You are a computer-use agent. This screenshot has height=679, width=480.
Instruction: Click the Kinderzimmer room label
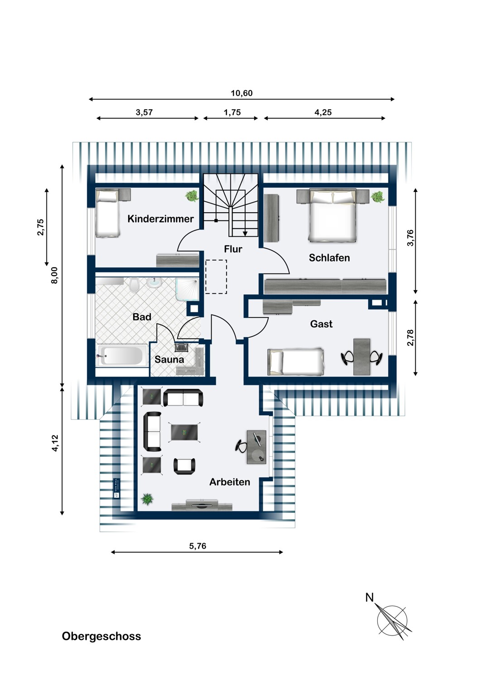pyautogui.click(x=160, y=219)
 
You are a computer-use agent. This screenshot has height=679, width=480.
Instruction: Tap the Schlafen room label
pyautogui.click(x=329, y=258)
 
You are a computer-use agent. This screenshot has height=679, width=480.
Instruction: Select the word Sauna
pyautogui.click(x=169, y=359)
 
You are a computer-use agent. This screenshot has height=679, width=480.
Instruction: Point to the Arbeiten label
pyautogui.click(x=230, y=482)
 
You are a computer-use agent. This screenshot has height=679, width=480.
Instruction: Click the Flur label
pyautogui.click(x=233, y=249)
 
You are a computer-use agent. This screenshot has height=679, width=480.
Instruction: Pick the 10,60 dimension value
pyautogui.click(x=242, y=93)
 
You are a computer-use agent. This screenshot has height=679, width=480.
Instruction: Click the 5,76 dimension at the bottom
pyautogui.click(x=198, y=546)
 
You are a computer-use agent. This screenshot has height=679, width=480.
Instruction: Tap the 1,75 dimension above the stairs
pyautogui.click(x=232, y=112)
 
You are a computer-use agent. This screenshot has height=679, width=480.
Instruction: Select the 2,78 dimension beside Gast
pyautogui.click(x=410, y=337)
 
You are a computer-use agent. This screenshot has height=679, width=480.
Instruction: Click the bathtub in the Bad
pyautogui.click(x=121, y=355)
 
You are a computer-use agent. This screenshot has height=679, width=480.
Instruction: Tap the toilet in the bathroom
pyautogui.click(x=134, y=285)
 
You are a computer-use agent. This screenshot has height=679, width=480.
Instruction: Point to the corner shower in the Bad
pyautogui.click(x=187, y=290)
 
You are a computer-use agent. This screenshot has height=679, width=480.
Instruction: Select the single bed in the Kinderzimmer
pyautogui.click(x=108, y=213)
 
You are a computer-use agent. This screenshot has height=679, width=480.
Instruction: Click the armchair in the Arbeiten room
pyautogui.click(x=184, y=466)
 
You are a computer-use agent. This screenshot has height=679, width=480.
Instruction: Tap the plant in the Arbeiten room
pyautogui.click(x=147, y=499)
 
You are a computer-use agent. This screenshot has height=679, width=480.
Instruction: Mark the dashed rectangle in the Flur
pyautogui.click(x=216, y=277)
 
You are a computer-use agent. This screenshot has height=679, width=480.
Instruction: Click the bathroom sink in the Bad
pyautogui.click(x=154, y=282)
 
